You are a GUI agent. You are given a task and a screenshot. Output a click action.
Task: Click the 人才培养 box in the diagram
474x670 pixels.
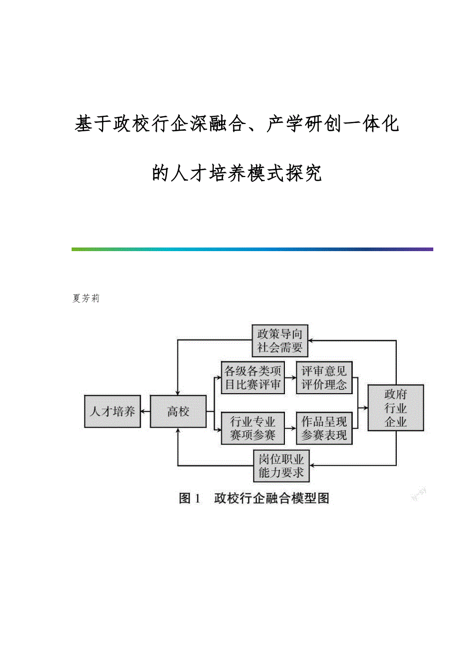[112, 411]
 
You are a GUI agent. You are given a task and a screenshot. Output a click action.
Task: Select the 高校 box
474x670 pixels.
[178, 411]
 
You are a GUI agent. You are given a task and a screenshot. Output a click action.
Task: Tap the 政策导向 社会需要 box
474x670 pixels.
[280, 341]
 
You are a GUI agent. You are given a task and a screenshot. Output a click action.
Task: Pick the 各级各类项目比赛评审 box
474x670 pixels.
[253, 378]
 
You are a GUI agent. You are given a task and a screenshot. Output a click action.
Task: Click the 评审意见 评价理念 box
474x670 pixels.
[324, 378]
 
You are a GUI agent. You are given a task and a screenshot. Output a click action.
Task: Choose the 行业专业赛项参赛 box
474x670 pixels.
[253, 428]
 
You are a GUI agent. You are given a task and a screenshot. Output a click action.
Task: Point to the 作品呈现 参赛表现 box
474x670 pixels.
[324, 428]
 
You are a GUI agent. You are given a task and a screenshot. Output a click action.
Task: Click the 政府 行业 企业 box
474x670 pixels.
[396, 408]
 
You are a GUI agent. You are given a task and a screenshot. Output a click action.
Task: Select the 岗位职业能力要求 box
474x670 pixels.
[281, 466]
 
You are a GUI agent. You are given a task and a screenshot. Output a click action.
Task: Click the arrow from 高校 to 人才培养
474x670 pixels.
[145, 411]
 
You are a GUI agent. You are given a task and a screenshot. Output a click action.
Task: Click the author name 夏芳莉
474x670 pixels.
[86, 298]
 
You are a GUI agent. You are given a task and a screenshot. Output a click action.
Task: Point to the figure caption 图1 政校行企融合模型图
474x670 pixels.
[253, 498]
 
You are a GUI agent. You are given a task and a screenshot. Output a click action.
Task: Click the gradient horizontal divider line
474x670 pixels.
[252, 249]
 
